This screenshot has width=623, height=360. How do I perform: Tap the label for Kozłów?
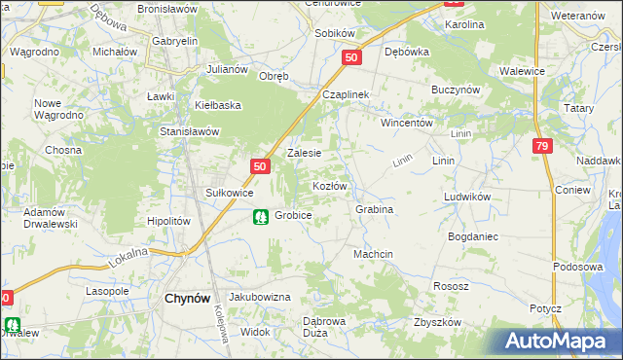329,185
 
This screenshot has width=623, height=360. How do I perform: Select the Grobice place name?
293,215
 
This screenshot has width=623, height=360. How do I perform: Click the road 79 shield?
543,145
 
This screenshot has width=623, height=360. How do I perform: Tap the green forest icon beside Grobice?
260,216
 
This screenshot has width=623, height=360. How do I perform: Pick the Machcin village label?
373,254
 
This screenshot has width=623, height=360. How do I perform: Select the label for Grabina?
374,209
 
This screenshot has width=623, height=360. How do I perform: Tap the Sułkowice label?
229,193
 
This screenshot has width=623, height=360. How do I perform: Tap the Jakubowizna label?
260,296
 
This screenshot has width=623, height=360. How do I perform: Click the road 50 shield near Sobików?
352,58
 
